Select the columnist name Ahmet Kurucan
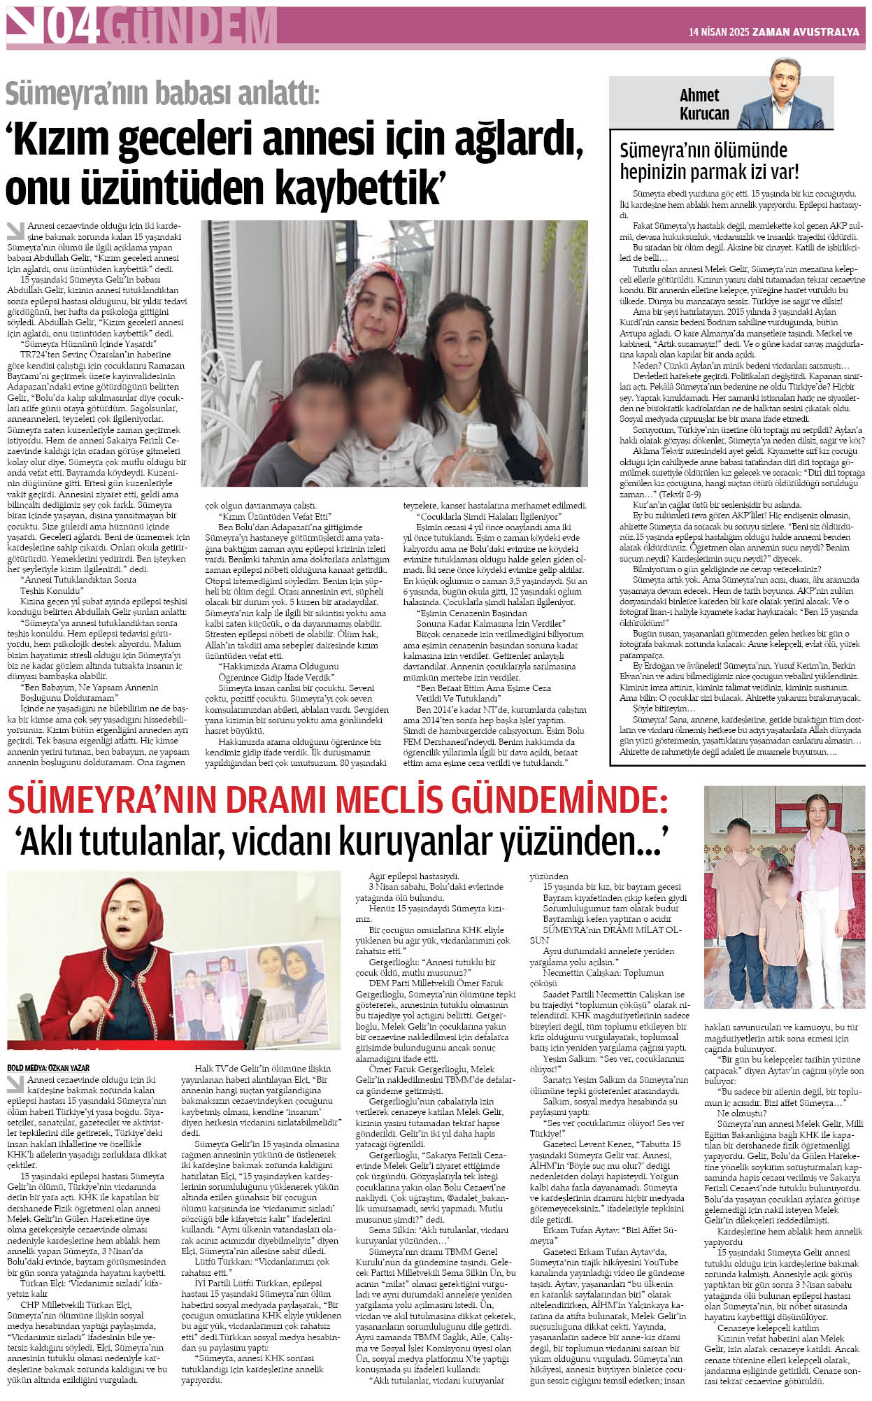(x=703, y=104)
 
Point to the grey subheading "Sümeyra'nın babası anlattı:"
(x=162, y=93)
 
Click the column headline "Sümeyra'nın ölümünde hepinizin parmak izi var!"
(x=709, y=160)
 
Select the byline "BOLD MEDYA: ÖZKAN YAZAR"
(x=48, y=1068)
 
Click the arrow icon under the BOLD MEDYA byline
(x=15, y=1083)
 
